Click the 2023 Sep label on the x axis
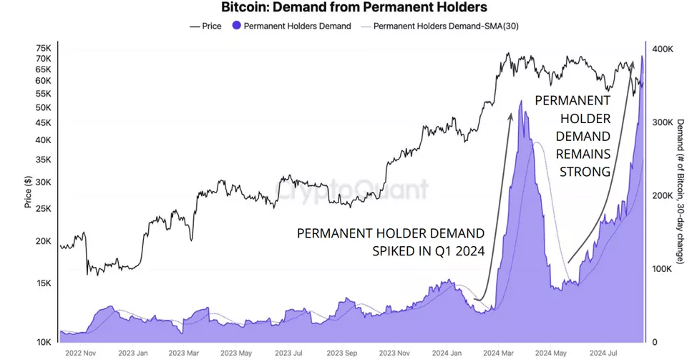[x=342, y=353]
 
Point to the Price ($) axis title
[x=28, y=192]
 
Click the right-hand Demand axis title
[x=681, y=192]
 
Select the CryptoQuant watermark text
[x=352, y=190]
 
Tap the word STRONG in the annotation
[x=585, y=172]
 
